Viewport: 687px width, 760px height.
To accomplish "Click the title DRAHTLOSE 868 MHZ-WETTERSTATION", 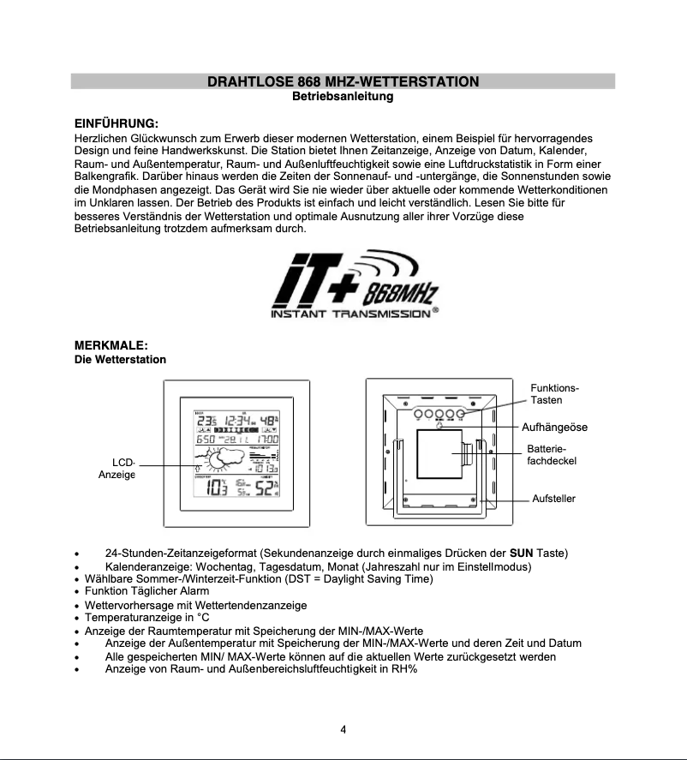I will click(x=343, y=81).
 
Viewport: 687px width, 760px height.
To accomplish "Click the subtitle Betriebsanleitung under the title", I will click(x=343, y=97).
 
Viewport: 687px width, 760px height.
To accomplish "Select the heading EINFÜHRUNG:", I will click(x=116, y=123).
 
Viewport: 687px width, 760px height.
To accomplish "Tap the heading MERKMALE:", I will click(x=111, y=344).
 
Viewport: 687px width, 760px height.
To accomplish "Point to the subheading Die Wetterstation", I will click(x=120, y=359).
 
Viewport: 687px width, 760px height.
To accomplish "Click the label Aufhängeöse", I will click(x=554, y=427).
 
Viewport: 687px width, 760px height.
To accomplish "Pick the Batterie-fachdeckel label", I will click(x=552, y=455).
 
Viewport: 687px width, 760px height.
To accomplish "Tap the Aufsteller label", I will click(x=553, y=498).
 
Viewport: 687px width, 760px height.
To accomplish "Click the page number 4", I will click(x=343, y=730).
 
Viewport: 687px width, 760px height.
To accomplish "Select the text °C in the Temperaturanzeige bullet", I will click(x=203, y=617).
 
